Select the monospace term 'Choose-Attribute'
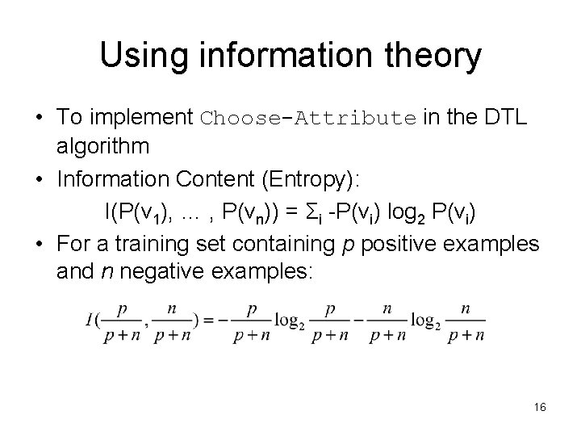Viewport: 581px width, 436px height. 307,117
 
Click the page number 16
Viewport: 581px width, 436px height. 540,408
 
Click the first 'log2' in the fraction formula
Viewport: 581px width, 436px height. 289,321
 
